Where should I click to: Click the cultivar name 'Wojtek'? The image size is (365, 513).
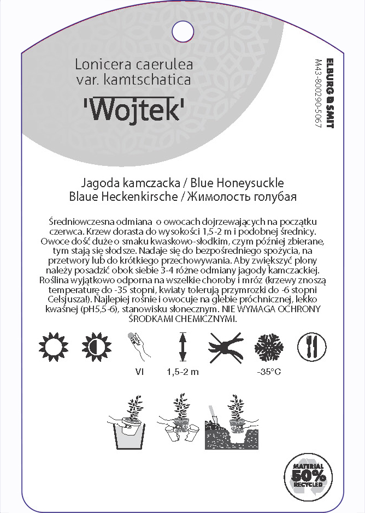coord(134,110)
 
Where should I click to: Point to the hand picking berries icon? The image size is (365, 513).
coord(139,347)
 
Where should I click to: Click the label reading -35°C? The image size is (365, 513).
coord(268,373)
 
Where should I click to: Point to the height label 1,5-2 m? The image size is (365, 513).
coord(182,373)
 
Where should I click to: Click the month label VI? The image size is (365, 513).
coord(139,373)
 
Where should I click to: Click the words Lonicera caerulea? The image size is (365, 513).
coord(134,64)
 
